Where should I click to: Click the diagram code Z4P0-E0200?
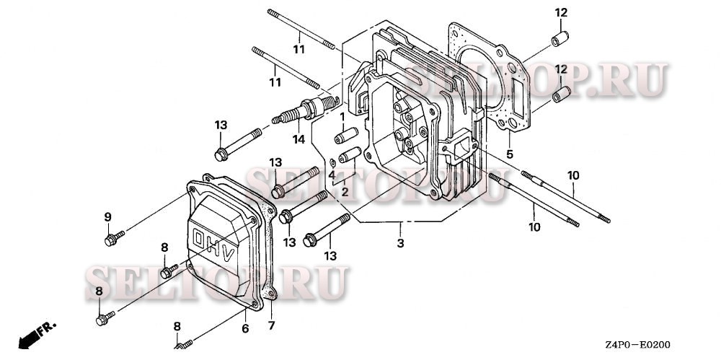[x=638, y=346]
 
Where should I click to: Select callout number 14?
[x=297, y=139]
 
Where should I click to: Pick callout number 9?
[x=107, y=217]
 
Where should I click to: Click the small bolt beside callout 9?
[x=112, y=240]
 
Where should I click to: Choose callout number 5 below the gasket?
[x=509, y=154]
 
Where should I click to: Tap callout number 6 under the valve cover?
[x=245, y=329]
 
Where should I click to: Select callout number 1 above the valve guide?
[x=342, y=116]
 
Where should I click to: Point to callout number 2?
[x=345, y=192]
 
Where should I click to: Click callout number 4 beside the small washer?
[x=332, y=175]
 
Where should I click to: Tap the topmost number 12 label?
[x=561, y=12]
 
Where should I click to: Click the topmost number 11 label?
[x=298, y=50]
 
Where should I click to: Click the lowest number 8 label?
[x=177, y=327]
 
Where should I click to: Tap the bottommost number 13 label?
[x=329, y=255]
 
